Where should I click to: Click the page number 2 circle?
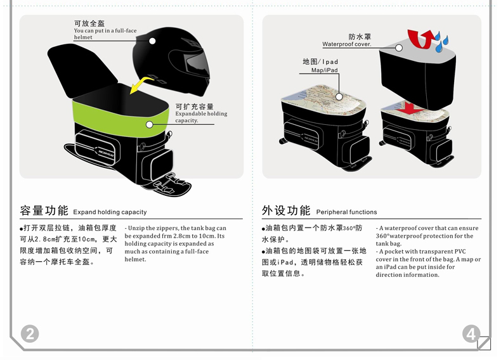coord(30,333)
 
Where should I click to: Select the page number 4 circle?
coord(471,333)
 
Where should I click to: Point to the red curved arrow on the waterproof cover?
coord(419,37)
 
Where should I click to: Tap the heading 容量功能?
coord(44,210)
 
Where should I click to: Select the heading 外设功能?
coord(286,210)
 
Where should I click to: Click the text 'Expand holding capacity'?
coord(110,212)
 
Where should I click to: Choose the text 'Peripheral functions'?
coord(346,212)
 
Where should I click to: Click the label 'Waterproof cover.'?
coord(346,44)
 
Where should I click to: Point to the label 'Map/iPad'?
coord(324,70)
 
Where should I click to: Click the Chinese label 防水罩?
coord(360,37)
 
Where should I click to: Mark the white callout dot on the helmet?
coord(152,41)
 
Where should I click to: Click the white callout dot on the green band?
coord(150,125)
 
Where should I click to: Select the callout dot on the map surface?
coord(339,97)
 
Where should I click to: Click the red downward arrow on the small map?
coord(411,108)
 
